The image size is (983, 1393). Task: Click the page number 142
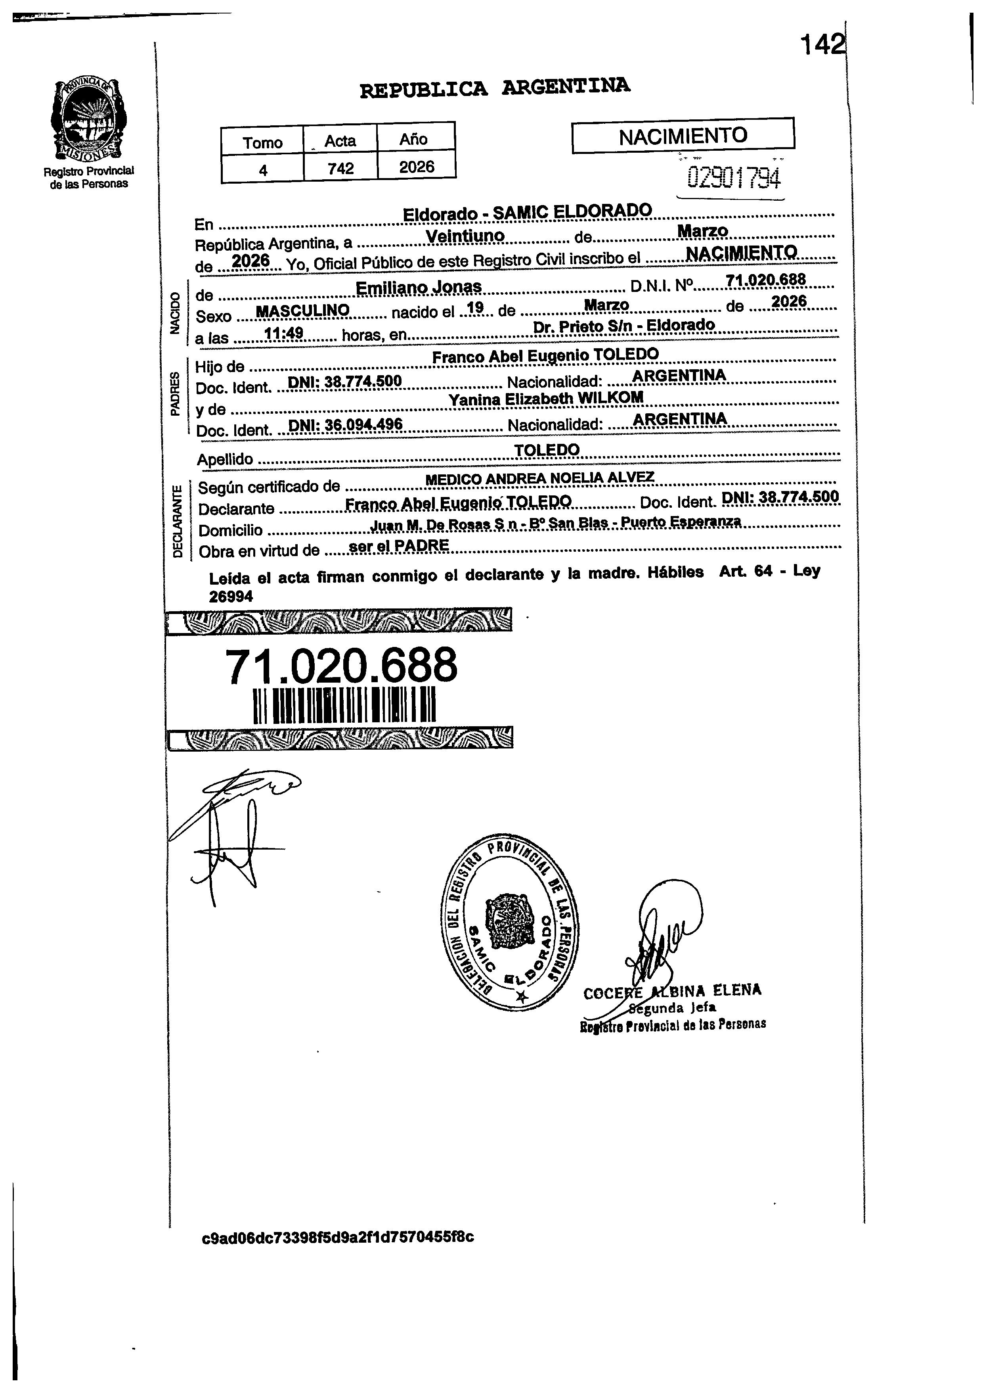pos(822,44)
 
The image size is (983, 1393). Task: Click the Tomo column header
pos(262,142)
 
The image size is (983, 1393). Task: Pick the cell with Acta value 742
pos(340,168)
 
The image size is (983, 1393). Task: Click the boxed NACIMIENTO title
pos(683,135)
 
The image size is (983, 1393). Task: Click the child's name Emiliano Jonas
pos(419,287)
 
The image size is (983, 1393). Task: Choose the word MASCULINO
pos(302,311)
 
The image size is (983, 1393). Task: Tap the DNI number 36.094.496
pos(345,424)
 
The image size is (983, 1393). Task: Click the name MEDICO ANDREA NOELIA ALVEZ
pos(540,479)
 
